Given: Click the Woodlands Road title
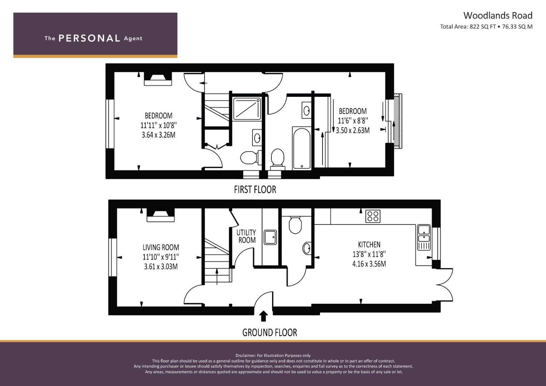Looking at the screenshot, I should pyautogui.click(x=498, y=15).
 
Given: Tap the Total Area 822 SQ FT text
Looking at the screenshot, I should pyautogui.click(x=486, y=26).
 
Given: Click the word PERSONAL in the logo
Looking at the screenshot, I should pyautogui.click(x=89, y=38).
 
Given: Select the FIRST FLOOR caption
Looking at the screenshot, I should pyautogui.click(x=255, y=189).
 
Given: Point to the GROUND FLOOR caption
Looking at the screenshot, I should pyautogui.click(x=270, y=333).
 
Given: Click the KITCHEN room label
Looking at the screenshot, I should pyautogui.click(x=369, y=244).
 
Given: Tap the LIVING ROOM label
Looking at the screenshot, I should pyautogui.click(x=161, y=247).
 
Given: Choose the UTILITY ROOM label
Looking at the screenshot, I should pyautogui.click(x=246, y=236).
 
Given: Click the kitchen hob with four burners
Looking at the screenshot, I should pyautogui.click(x=373, y=216).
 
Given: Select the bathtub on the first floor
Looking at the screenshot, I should pyautogui.click(x=301, y=148).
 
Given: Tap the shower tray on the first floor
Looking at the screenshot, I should pyautogui.click(x=247, y=109).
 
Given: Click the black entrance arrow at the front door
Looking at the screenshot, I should pyautogui.click(x=264, y=316).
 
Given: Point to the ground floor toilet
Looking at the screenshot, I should pyautogui.click(x=295, y=224).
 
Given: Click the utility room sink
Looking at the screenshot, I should pyautogui.click(x=270, y=237).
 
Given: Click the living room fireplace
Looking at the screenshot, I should pyautogui.click(x=160, y=215).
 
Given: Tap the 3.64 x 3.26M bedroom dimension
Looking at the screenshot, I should pyautogui.click(x=158, y=135).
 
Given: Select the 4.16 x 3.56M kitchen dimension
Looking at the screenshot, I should pyautogui.click(x=369, y=264).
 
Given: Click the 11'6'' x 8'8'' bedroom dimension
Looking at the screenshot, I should pyautogui.click(x=353, y=121).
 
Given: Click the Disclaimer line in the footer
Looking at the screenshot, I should pyautogui.click(x=273, y=355).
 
